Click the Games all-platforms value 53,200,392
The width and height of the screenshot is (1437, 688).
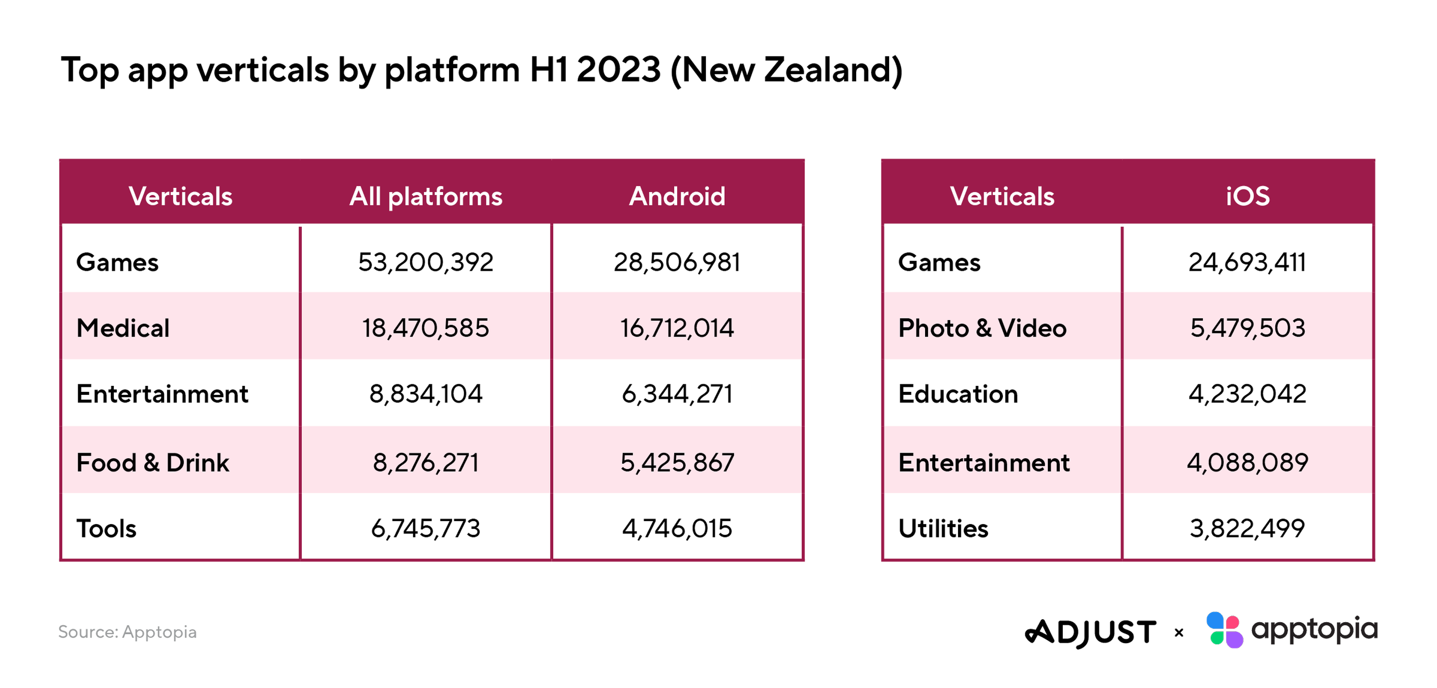click(426, 262)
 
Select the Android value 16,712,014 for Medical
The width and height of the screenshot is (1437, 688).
click(677, 328)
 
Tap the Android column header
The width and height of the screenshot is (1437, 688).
click(677, 196)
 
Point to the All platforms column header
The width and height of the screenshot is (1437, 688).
click(426, 197)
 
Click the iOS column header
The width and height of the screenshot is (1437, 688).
click(1247, 196)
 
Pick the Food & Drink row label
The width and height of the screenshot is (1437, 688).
click(152, 463)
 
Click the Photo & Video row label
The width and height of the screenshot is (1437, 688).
click(982, 328)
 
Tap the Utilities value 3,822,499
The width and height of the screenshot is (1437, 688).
click(1247, 528)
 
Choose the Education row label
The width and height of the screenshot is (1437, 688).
click(958, 394)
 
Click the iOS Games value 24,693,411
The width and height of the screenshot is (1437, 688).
click(1247, 262)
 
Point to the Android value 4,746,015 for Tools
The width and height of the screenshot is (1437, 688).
click(677, 528)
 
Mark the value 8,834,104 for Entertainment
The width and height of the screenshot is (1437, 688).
click(426, 394)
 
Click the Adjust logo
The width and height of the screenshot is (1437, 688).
click(1090, 633)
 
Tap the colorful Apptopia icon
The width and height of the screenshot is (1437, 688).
click(1224, 630)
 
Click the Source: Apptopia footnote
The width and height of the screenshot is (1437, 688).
click(127, 632)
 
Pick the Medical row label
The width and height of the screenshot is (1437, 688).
click(123, 328)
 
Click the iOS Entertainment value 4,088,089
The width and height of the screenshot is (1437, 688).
click(1247, 463)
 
